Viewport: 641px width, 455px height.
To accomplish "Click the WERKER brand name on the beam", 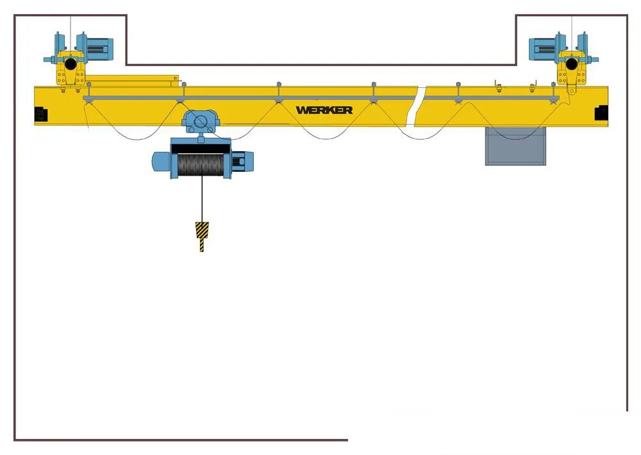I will (324, 110).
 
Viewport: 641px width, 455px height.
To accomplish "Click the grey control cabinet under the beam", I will (515, 146).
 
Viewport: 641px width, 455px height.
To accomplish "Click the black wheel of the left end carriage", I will (70, 64).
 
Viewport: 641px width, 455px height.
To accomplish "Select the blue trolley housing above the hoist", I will (200, 120).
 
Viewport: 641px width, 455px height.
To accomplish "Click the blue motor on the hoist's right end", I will (242, 161).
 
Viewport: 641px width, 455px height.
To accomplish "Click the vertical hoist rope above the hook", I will (203, 199).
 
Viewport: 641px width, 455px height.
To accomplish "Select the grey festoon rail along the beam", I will (256, 97).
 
